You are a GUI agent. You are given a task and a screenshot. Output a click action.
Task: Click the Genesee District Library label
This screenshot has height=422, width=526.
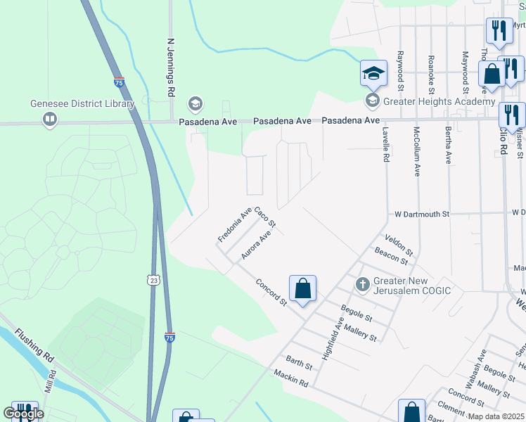pyautogui.click(x=82, y=104)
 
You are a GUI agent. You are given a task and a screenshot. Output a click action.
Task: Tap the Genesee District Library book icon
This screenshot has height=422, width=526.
pyautogui.click(x=50, y=120)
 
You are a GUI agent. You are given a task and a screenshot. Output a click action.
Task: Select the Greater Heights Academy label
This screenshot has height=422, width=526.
pyautogui.click(x=439, y=102)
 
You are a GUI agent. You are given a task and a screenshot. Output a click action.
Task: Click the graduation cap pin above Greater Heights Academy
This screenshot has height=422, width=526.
pyautogui.click(x=373, y=72)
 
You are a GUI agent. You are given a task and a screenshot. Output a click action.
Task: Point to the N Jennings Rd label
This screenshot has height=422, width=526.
pyautogui.click(x=170, y=68)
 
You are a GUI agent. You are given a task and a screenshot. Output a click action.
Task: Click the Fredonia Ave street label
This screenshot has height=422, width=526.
pyautogui.click(x=234, y=225)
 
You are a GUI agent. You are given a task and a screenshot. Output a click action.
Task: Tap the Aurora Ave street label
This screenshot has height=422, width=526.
pyautogui.click(x=256, y=247)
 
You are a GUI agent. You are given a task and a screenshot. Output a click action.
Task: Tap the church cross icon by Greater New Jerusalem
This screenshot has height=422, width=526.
pyautogui.click(x=362, y=285)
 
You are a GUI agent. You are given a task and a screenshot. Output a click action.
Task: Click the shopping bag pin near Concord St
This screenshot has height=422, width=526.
pyautogui.click(x=302, y=288)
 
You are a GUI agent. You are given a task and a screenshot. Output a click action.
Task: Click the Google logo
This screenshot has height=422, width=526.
pyautogui.click(x=23, y=414)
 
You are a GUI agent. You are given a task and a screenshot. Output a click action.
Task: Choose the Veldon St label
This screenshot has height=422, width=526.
pyautogui.click(x=399, y=245)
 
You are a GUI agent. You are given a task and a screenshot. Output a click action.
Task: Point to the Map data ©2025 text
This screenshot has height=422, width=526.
pyautogui.click(x=496, y=416)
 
